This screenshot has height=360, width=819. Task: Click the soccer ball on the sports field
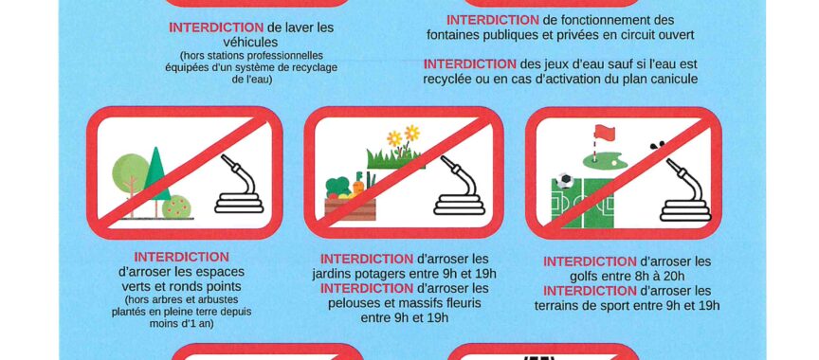(564, 181)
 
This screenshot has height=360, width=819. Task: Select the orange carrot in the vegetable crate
(357, 187)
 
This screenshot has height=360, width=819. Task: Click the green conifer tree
(156, 174)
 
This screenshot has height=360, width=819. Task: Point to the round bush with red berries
(176, 207)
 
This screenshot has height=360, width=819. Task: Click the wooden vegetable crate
(350, 208)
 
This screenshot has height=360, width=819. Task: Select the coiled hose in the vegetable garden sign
(459, 186)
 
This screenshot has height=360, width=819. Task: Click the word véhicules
(250, 42)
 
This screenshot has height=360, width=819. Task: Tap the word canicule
(673, 79)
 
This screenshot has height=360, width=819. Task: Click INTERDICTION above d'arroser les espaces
(181, 258)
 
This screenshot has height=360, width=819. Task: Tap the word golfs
(588, 276)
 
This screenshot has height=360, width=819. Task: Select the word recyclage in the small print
(313, 68)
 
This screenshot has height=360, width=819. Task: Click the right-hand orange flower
(412, 133)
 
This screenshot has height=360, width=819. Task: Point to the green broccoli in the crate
(337, 187)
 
